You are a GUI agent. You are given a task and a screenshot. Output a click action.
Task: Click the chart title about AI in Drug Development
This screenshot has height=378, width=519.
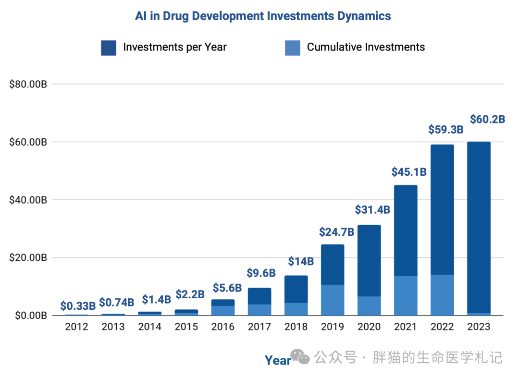263,16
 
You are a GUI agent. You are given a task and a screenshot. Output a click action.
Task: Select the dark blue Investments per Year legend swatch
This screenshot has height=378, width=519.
109,48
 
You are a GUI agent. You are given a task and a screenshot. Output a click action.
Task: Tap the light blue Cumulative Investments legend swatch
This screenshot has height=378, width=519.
293,48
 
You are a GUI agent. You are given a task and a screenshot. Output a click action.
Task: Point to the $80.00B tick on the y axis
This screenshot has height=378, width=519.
28,85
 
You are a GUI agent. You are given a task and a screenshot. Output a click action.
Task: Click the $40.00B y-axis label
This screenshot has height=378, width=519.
28,200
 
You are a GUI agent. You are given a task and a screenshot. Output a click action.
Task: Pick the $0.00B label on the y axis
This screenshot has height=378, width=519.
31,316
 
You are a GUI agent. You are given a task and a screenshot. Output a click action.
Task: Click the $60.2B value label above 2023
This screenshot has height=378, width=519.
487,119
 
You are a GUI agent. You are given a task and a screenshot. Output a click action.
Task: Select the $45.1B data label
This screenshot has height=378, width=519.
409,172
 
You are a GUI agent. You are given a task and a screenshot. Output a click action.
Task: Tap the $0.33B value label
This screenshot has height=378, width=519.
78,306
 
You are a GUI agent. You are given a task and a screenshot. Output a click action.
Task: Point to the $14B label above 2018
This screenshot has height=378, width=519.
300,262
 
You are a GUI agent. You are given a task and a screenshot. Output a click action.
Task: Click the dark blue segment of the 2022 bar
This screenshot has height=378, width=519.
442,210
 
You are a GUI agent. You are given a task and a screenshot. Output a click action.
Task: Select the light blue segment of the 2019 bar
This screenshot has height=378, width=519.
333,300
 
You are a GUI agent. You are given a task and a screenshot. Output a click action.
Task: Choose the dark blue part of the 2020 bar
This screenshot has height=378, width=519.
369,261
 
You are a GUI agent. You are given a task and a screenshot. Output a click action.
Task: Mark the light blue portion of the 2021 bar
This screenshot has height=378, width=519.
406,296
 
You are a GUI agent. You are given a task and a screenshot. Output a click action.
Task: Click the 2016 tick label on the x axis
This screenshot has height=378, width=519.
223,327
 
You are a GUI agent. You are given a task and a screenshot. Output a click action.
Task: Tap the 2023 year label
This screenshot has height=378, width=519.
479,327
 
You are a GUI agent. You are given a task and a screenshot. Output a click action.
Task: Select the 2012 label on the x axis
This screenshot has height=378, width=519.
76,327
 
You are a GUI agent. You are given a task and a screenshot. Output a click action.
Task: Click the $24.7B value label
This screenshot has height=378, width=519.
336,232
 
